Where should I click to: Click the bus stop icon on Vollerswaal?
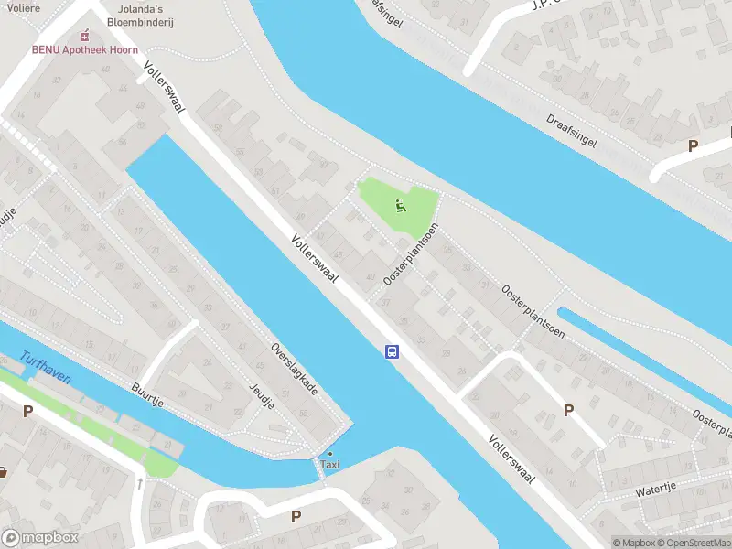tap(392, 351)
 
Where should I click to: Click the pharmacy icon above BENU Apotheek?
tap(85, 36)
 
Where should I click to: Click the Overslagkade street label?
tap(294, 369)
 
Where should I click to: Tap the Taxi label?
tap(329, 465)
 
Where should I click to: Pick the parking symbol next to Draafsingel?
tap(693, 146)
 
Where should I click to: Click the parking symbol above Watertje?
tap(568, 411)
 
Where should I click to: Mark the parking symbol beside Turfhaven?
tap(27, 411)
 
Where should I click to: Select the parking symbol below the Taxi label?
tap(296, 517)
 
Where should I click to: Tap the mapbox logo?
tap(40, 538)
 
